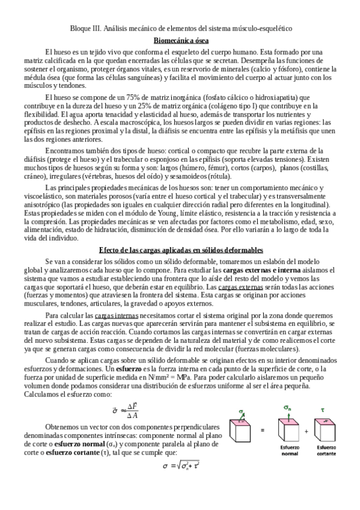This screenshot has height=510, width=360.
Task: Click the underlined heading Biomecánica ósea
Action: tap(182, 41)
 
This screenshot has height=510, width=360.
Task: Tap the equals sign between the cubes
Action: tap(262, 431)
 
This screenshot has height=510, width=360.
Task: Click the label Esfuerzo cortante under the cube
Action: tap(326, 450)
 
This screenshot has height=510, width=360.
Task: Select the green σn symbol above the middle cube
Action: tap(287, 408)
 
